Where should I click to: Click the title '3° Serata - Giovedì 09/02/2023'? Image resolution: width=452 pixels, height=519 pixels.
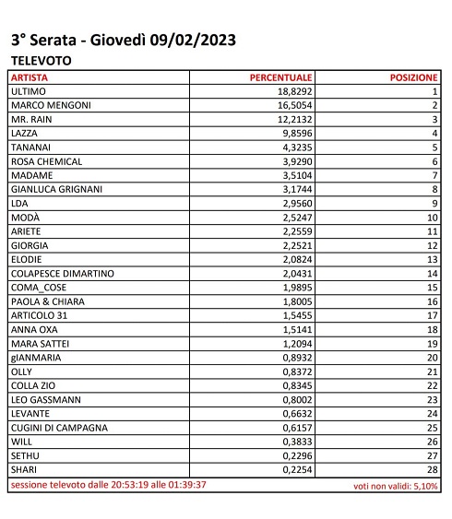(x=123, y=41)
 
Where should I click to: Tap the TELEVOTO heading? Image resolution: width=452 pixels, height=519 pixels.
(x=41, y=61)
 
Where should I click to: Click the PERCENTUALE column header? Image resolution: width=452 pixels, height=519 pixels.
(x=281, y=77)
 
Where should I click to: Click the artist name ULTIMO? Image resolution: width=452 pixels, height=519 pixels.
(x=28, y=92)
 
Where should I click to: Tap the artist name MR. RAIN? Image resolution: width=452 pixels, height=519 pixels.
(x=30, y=120)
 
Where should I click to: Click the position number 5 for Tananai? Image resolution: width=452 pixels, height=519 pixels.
(x=434, y=147)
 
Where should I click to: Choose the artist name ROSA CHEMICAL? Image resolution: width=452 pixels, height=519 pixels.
(x=46, y=161)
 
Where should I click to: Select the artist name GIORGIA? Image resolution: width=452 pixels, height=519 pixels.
(x=29, y=245)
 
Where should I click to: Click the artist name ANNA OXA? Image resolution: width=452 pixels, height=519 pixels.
(x=33, y=329)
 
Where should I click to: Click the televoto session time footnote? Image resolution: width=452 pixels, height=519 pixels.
(x=108, y=484)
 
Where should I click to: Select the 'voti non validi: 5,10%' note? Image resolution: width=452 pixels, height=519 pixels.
(x=396, y=485)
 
